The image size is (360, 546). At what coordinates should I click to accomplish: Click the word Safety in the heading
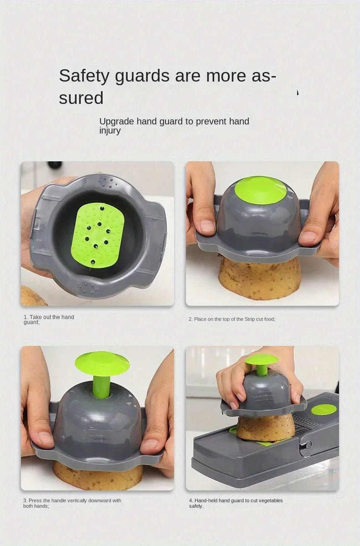pos(84,76)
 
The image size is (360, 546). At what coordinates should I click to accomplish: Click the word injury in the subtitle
pos(110,130)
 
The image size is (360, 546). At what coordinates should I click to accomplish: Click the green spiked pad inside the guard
pos(98,235)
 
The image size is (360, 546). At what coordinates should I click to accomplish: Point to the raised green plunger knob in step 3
pos(102,363)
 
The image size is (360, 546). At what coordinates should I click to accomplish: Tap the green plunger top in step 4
pos(262,359)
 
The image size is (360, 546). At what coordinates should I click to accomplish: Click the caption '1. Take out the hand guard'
pos(48,319)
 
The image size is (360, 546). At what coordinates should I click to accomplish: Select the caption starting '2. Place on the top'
pos(231,319)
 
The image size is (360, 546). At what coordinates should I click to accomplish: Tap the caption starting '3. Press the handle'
pos(72,503)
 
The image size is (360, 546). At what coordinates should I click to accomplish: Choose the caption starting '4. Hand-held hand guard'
pos(236,503)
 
